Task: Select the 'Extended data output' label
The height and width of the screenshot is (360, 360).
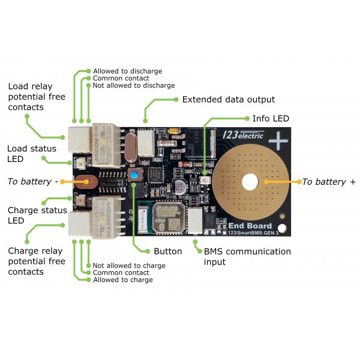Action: click(x=228, y=100)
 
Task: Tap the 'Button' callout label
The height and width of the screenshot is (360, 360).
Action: click(x=167, y=251)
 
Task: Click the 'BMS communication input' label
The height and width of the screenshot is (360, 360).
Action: click(x=247, y=257)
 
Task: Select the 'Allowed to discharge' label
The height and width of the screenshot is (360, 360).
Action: click(x=127, y=71)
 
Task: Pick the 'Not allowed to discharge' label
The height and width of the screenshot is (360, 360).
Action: click(x=133, y=86)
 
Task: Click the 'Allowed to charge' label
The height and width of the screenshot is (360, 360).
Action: click(x=122, y=280)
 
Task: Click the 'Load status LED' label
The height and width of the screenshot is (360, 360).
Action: click(x=31, y=154)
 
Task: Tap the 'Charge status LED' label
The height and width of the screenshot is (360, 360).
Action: click(x=36, y=215)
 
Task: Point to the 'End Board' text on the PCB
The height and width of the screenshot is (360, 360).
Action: click(x=251, y=226)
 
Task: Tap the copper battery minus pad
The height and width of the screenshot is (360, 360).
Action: click(x=85, y=181)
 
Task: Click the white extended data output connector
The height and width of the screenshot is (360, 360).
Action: click(x=146, y=144)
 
